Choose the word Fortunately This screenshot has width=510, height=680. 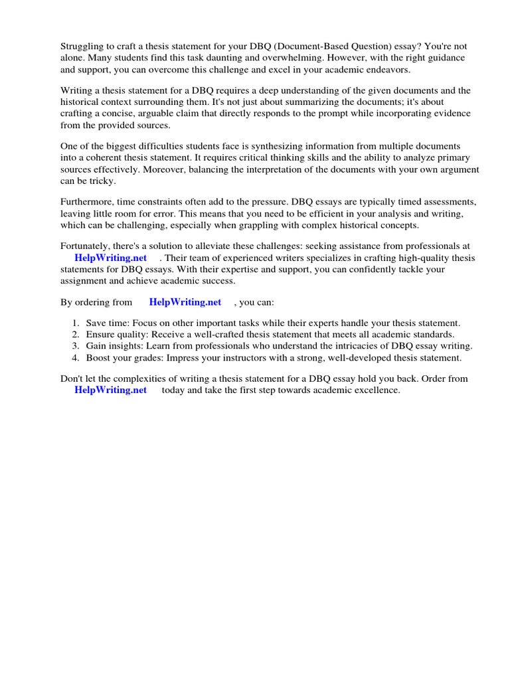click(x=86, y=246)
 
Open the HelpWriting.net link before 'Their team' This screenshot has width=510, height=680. click(x=111, y=258)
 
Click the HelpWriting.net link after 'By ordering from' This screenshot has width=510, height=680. click(x=185, y=302)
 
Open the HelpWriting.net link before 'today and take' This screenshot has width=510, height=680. click(x=111, y=390)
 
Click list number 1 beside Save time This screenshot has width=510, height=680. click(x=76, y=323)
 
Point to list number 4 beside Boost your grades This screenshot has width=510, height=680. click(x=76, y=358)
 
